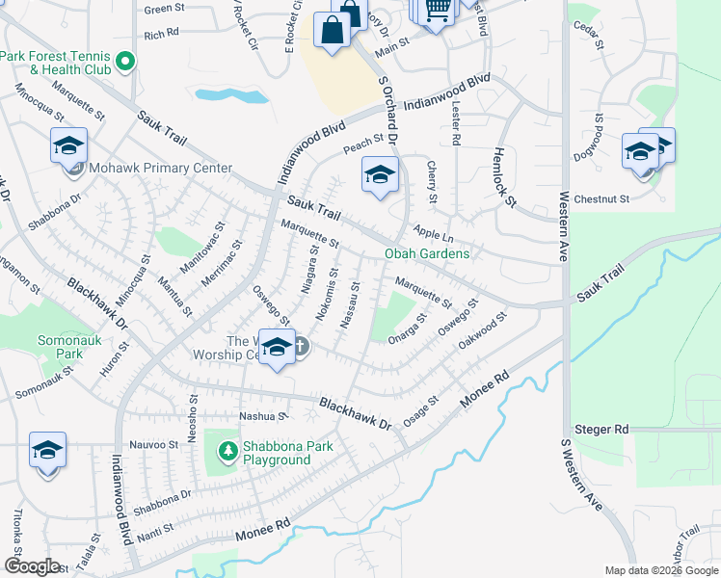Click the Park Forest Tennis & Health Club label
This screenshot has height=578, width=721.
58,63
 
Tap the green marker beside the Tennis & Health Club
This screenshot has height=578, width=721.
124,65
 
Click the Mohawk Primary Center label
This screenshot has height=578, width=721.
160,168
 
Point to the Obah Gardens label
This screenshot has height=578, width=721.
427,253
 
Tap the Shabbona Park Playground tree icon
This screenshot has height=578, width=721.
227,450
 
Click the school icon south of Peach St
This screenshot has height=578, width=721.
380,176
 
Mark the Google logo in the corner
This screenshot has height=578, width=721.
32,566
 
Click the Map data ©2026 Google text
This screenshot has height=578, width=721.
661,570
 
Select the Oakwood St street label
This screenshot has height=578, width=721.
483,332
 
